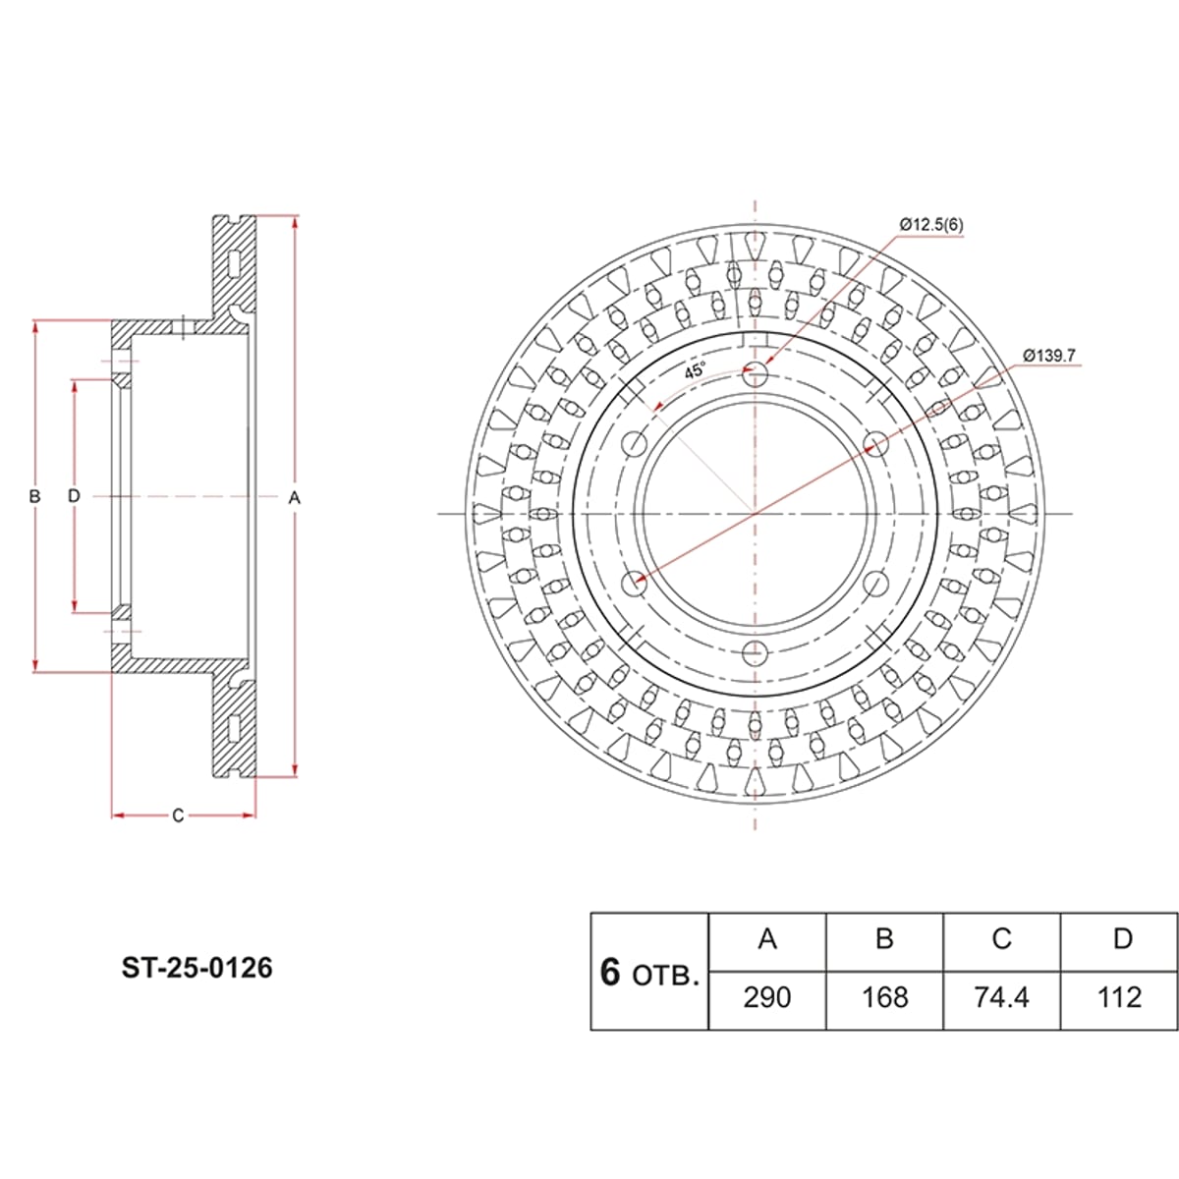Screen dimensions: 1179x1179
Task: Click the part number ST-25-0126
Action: [197, 969]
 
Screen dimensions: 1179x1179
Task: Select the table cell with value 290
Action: [767, 998]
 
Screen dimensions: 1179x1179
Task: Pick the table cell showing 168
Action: [884, 998]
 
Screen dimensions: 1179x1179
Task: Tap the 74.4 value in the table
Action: [1002, 998]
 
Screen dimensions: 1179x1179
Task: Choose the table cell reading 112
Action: [1120, 998]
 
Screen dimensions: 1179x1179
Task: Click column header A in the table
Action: [767, 938]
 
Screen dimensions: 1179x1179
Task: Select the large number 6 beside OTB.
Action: [610, 973]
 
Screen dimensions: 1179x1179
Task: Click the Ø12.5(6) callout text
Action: [931, 225]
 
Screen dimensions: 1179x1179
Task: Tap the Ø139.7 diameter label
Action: [1049, 356]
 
